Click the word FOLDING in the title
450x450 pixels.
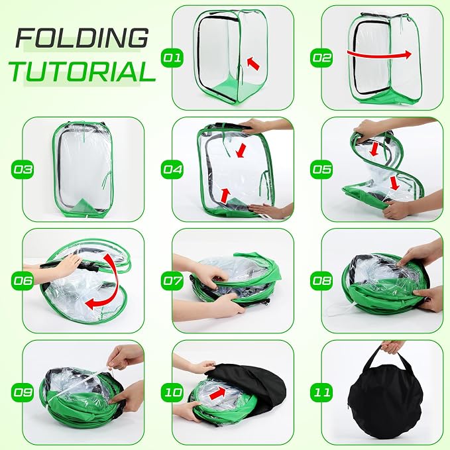pyautogui.click(x=82, y=38)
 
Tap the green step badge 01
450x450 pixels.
pyautogui.click(x=172, y=58)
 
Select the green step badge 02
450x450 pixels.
pyautogui.click(x=321, y=58)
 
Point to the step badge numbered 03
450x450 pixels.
pyautogui.click(x=23, y=169)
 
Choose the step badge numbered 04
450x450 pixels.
pyautogui.click(x=172, y=169)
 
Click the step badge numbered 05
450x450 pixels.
pyautogui.click(x=321, y=169)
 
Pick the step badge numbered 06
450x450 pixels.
pyautogui.click(x=23, y=281)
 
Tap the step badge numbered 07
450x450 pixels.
pyautogui.click(x=172, y=281)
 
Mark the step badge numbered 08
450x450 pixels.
pyautogui.click(x=321, y=281)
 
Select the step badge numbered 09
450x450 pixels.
pyautogui.click(x=23, y=392)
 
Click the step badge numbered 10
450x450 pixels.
pyautogui.click(x=172, y=392)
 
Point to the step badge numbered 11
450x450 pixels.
pyautogui.click(x=321, y=392)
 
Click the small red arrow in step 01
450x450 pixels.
pyautogui.click(x=253, y=64)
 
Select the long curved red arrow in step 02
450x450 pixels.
pyautogui.click(x=379, y=55)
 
